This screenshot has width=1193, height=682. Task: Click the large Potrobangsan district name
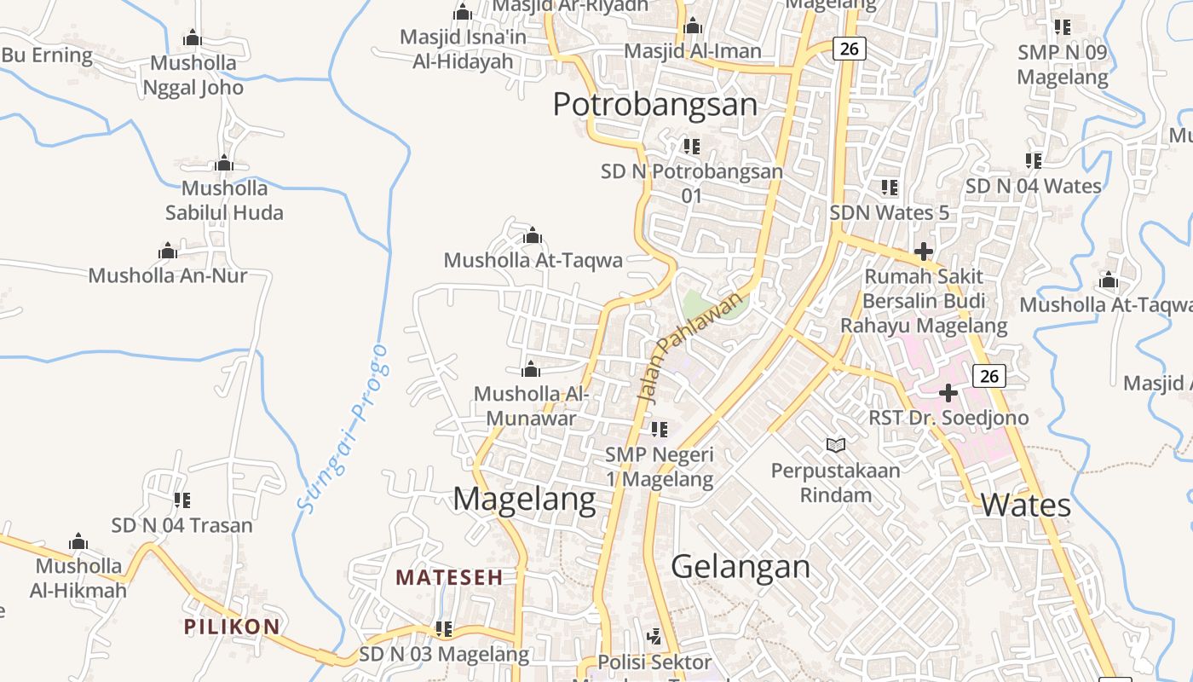point(654,104)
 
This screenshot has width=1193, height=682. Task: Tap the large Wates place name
point(1025,505)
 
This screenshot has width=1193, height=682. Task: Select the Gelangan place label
point(741,566)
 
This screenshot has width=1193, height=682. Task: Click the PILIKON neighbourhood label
point(232,627)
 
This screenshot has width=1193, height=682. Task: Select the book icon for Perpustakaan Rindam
point(836,445)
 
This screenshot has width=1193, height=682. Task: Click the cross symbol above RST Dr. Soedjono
point(948,393)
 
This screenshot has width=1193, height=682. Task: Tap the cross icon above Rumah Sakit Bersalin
point(923,251)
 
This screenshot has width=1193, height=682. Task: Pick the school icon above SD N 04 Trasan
point(182,500)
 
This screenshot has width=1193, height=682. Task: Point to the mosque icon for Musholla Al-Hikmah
point(78,542)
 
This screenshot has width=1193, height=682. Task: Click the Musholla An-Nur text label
point(168,275)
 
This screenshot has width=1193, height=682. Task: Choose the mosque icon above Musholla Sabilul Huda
point(224,164)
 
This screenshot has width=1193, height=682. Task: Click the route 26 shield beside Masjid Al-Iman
point(849,49)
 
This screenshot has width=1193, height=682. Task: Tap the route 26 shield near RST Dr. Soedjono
point(988,375)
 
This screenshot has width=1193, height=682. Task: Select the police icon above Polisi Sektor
point(654,636)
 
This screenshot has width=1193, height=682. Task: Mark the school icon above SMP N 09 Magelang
point(1062,27)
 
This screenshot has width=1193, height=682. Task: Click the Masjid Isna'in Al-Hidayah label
point(463,49)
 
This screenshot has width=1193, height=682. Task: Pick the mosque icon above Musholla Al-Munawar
point(531,369)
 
